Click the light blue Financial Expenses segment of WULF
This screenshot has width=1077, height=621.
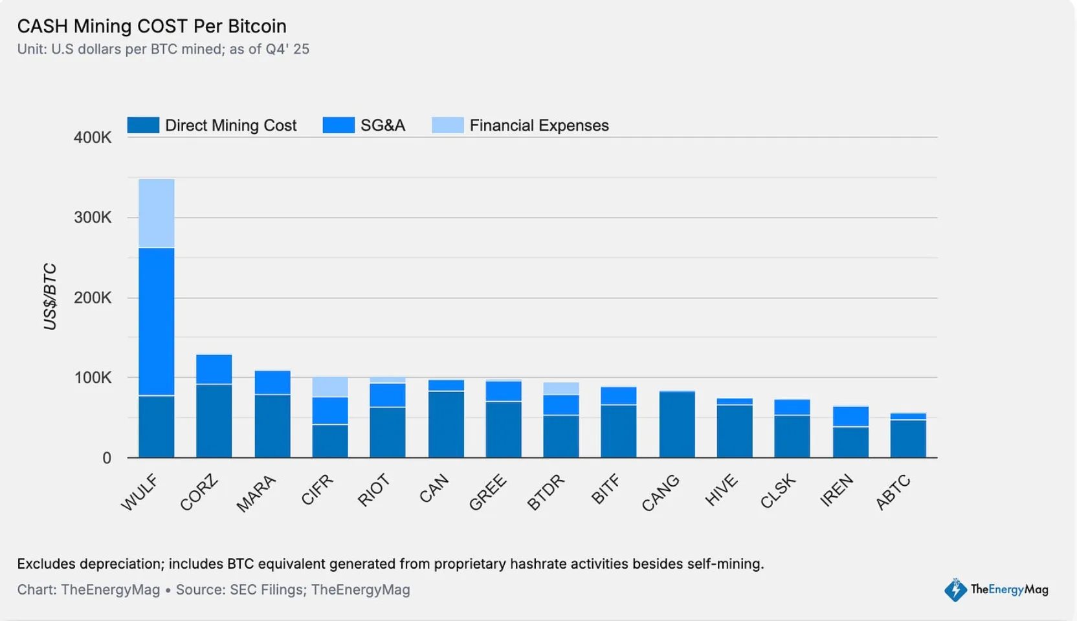[x=156, y=213]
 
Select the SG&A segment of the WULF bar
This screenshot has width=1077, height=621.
[x=156, y=321]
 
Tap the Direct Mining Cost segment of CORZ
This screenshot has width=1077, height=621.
[x=214, y=420]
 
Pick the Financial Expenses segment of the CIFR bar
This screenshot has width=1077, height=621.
[x=330, y=387]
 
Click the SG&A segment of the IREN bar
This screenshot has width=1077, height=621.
[x=850, y=417]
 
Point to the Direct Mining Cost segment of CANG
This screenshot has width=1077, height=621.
[x=677, y=424]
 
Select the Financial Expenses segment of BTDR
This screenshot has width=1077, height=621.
[x=561, y=388]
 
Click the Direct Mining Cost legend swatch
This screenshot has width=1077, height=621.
[x=143, y=125]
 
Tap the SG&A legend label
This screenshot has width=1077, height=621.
[x=383, y=125]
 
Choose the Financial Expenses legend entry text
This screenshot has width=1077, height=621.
[x=539, y=125]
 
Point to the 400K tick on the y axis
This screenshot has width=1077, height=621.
[x=93, y=137]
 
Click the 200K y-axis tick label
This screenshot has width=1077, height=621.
[x=93, y=298]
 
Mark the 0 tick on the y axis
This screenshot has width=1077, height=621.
[x=107, y=458]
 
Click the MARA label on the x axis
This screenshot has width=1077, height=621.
[x=256, y=494]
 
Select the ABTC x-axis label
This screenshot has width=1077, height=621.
[x=893, y=493]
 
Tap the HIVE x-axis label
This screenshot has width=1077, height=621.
[x=721, y=490]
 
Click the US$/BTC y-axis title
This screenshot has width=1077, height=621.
[x=50, y=296]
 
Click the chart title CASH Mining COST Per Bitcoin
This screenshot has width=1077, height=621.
[x=151, y=26]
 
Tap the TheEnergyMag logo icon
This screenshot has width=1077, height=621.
[x=955, y=589]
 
